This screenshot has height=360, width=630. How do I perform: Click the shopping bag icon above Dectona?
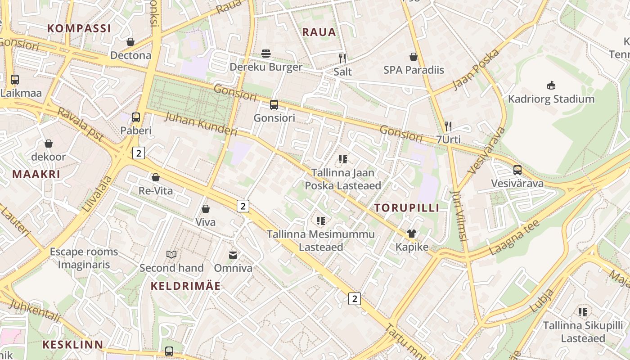[130, 42]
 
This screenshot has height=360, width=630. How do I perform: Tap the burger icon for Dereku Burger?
[266, 54]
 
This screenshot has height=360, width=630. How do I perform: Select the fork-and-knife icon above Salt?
[342, 58]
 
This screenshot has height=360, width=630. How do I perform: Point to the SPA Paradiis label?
[414, 70]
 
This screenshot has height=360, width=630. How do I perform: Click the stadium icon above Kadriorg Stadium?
[551, 85]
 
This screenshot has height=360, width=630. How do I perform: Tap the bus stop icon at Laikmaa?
[15, 80]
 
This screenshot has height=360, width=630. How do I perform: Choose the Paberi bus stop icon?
[136, 117]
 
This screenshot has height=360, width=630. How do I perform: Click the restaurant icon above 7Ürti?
[448, 126]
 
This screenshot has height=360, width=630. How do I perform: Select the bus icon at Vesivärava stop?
[517, 170]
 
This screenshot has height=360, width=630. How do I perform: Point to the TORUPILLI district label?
[407, 207]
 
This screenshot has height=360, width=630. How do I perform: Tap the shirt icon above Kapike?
[412, 234]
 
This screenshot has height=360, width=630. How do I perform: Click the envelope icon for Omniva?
[233, 255]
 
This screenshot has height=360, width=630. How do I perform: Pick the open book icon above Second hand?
[171, 255]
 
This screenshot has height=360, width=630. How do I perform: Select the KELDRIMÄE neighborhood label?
[185, 286]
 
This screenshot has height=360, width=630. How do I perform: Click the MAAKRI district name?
[36, 174]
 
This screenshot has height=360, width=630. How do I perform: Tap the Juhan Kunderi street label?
[201, 124]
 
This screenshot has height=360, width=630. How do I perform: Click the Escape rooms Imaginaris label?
[84, 258]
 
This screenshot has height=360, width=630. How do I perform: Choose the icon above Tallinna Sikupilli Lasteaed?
[583, 312]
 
